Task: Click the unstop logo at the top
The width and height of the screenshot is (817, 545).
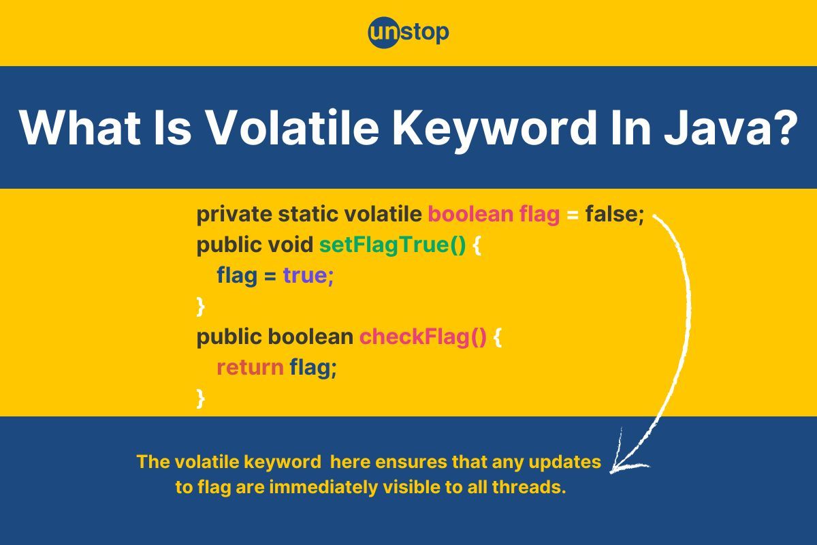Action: coord(408,33)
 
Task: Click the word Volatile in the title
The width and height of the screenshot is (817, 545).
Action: coord(293,127)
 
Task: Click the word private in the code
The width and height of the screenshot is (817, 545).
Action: coord(234,215)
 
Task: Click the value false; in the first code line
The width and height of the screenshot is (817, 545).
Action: coord(615,214)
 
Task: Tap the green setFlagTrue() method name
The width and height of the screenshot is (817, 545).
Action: coord(392,245)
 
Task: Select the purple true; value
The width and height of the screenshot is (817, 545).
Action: coord(308,276)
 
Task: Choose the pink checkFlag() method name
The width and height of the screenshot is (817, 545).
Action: coord(423,337)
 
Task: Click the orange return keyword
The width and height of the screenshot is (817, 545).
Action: coord(251,368)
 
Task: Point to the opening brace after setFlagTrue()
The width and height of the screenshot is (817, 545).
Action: coord(477,246)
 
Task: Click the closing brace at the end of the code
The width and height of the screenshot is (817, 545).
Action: coord(200,399)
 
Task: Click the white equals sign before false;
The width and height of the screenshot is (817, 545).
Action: coord(573,215)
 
